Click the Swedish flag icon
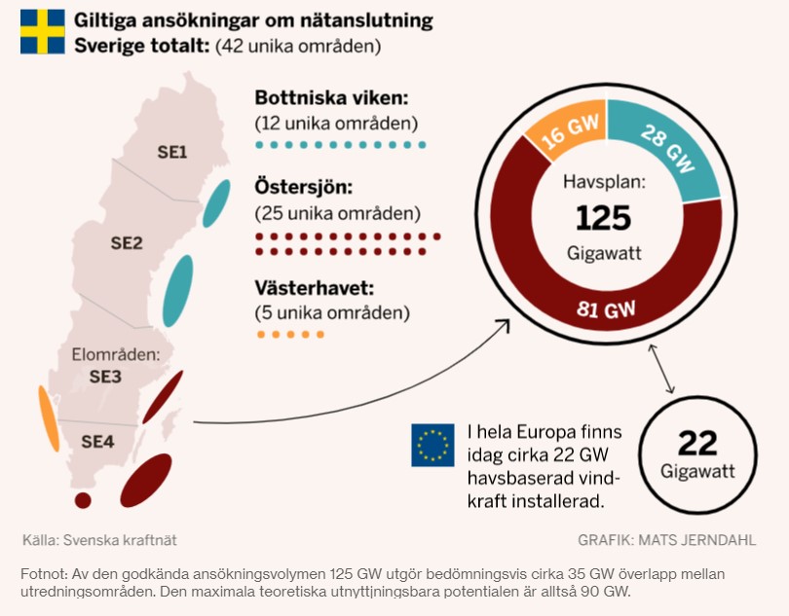pyautogui.click(x=42, y=32)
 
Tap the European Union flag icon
pyautogui.click(x=432, y=445)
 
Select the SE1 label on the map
pyautogui.click(x=172, y=152)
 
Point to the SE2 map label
pyautogui.click(x=127, y=243)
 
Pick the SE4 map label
pyautogui.click(x=97, y=442)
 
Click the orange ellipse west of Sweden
pyautogui.click(x=48, y=418)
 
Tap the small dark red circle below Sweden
pyautogui.click(x=83, y=500)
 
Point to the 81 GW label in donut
pyautogui.click(x=605, y=310)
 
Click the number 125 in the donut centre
pyautogui.click(x=603, y=217)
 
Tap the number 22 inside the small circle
pyautogui.click(x=697, y=444)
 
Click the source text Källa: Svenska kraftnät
pyautogui.click(x=99, y=540)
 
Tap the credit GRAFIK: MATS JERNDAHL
pyautogui.click(x=666, y=540)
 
